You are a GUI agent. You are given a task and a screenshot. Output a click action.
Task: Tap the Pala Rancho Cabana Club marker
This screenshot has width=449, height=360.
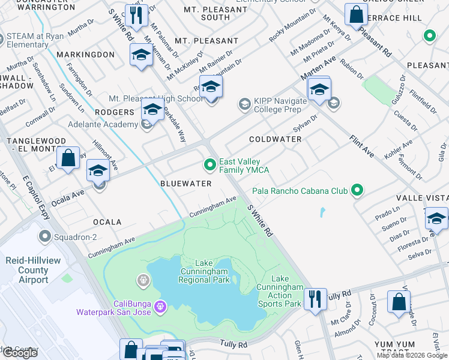pos(357,191)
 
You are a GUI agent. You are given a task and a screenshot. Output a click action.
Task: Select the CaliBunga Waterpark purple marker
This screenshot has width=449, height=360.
pos(160,307)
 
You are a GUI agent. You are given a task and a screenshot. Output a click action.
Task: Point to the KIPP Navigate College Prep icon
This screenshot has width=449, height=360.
pos(244,105)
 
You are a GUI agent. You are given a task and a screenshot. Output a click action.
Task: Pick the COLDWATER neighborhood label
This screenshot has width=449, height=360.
pos(276,139)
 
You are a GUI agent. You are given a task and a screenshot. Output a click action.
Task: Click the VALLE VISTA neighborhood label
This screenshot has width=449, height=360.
pos(421,198)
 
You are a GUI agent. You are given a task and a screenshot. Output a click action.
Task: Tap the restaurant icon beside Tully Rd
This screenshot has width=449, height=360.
pos(315,298)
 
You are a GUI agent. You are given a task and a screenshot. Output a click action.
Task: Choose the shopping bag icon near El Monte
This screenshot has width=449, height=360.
pos(68,158)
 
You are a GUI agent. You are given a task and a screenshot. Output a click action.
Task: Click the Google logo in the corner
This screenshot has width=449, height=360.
pos(20,353)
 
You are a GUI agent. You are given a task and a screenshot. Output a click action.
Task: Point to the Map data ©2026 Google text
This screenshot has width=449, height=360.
pos(412,355)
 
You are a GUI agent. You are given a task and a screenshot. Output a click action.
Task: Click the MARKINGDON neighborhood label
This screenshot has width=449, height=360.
pos(85,55)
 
